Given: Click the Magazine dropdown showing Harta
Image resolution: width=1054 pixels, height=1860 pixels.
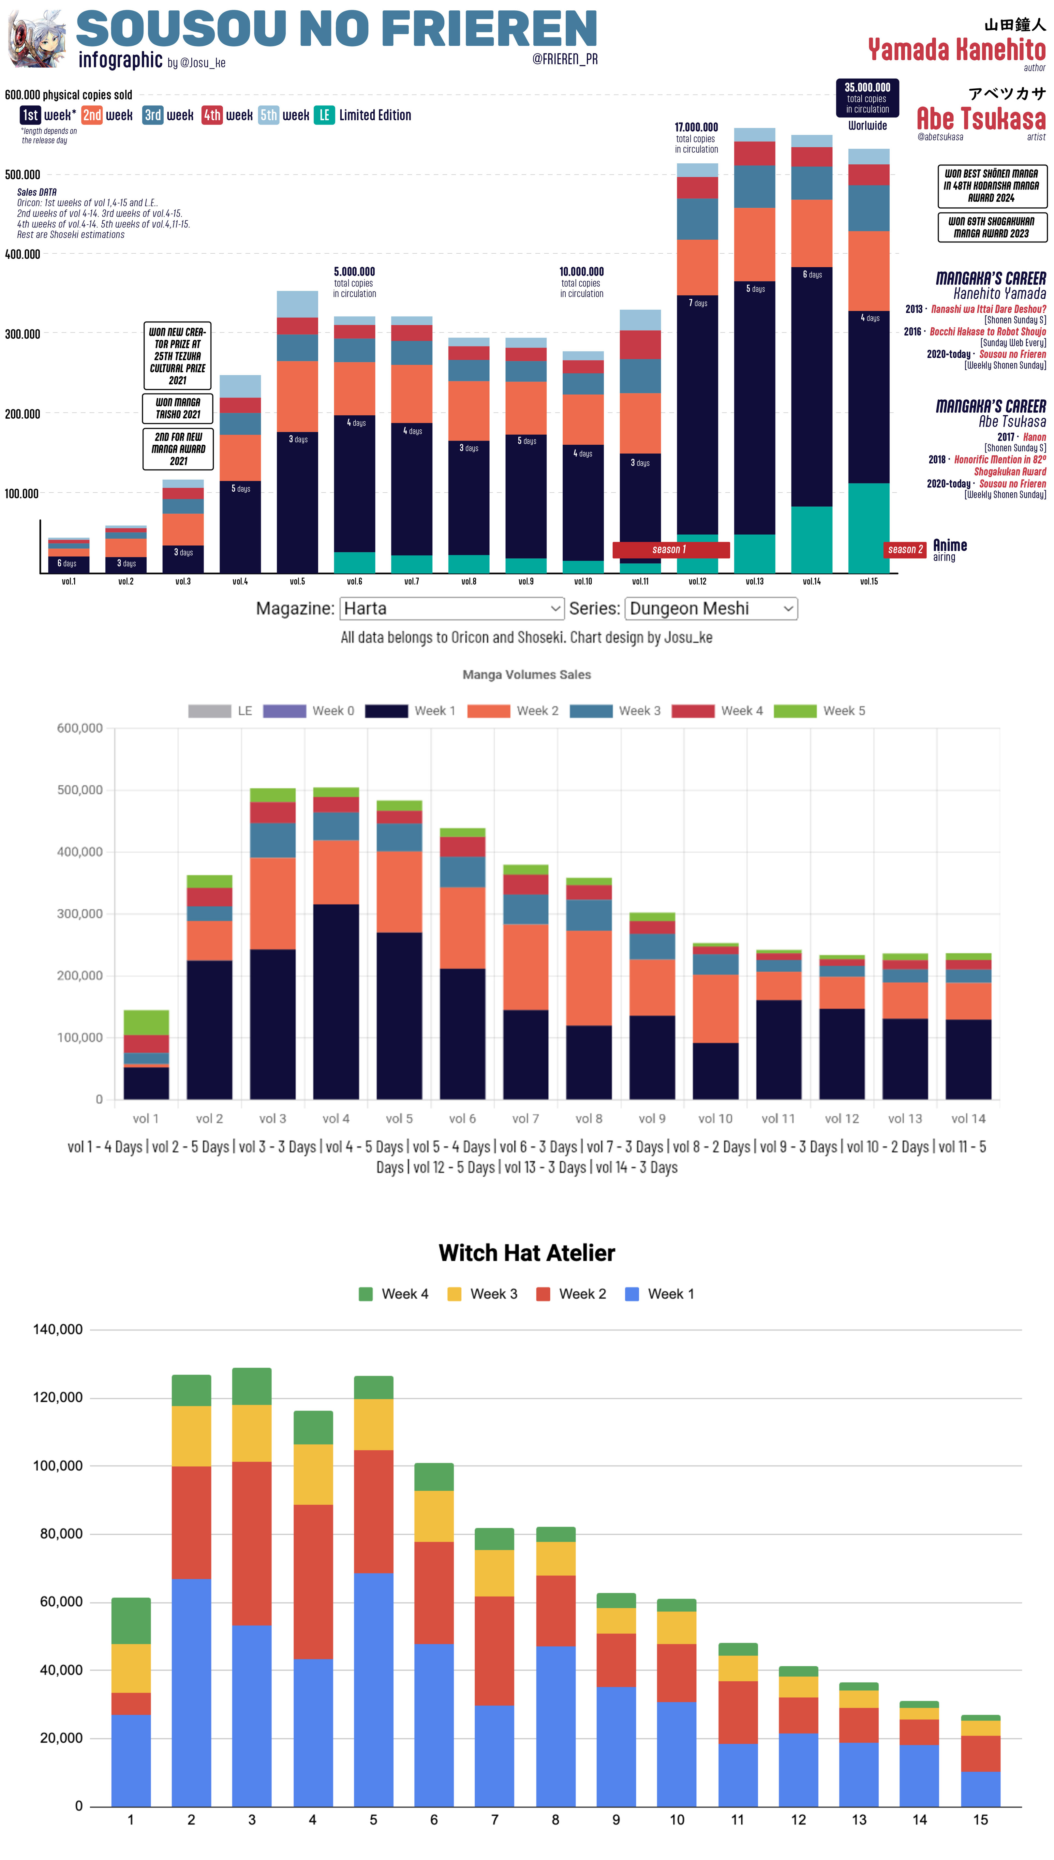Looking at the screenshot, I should [x=452, y=609].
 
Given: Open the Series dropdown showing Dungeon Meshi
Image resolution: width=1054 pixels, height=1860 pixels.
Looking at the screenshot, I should [x=711, y=609].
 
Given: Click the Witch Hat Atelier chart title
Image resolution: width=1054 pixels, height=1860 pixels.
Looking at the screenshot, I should [x=526, y=1253].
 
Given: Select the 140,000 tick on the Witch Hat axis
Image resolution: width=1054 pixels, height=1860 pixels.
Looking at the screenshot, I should [x=58, y=1330].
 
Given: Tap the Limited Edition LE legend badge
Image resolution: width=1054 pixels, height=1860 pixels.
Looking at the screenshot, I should [x=324, y=115].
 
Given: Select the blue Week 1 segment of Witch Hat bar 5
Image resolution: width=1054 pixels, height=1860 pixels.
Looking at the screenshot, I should [x=374, y=1690].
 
